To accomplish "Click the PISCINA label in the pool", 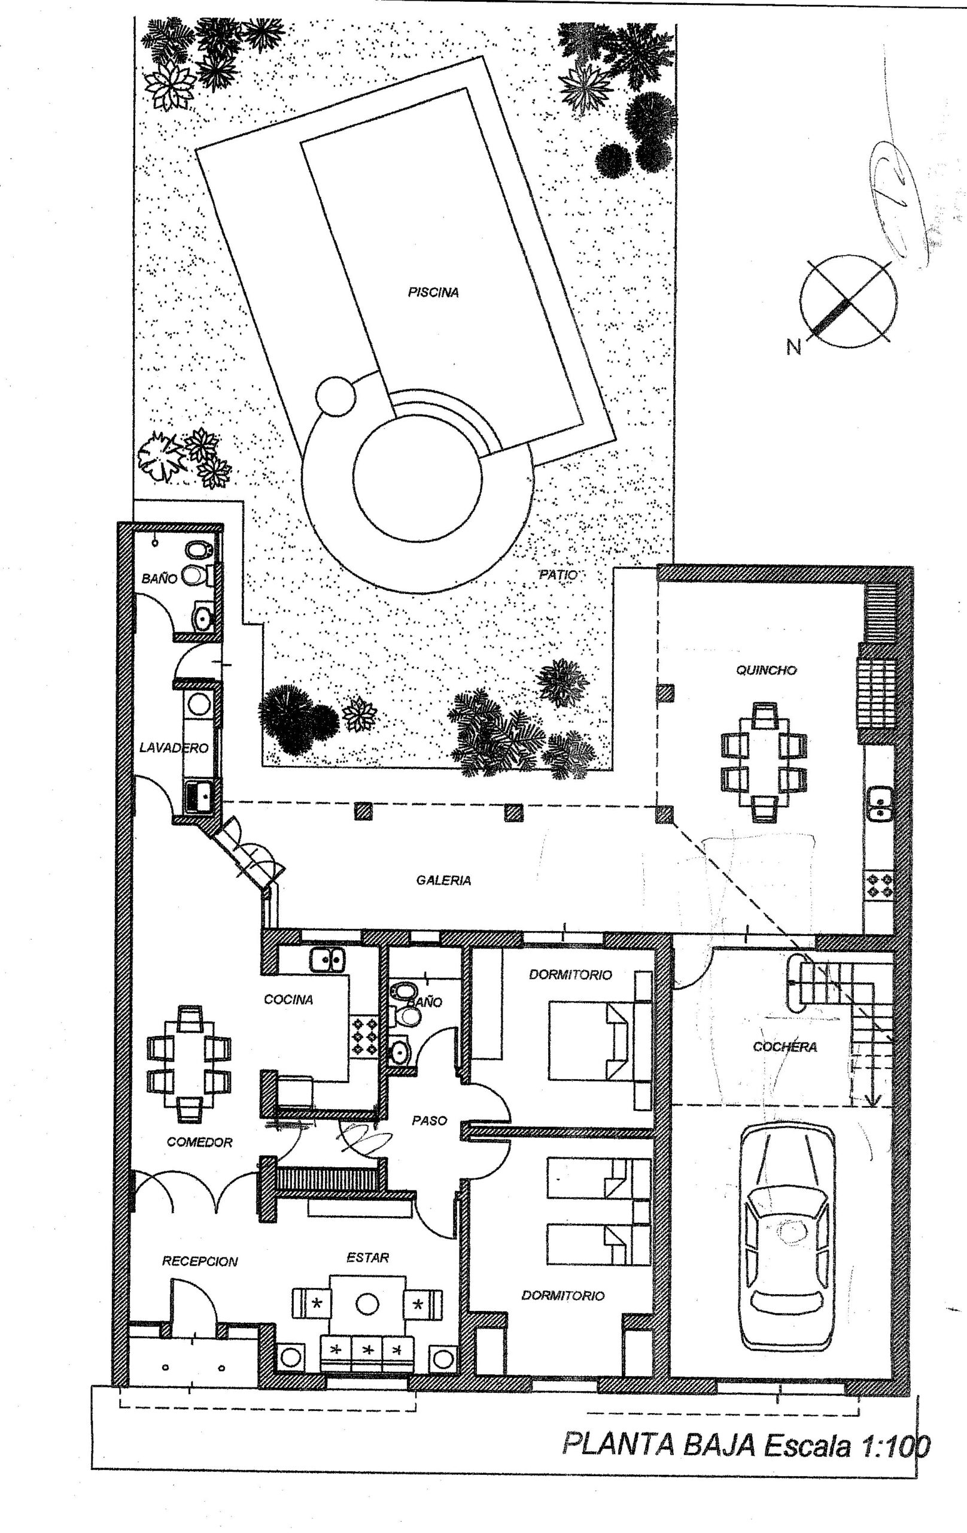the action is point(433,293).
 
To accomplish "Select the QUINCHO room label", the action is point(766,670).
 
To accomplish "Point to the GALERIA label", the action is point(443,880).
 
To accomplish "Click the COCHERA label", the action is point(784,1047).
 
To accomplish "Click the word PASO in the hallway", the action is point(430,1120).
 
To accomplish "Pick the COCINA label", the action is point(288,999).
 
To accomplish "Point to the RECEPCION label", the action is point(200,1261).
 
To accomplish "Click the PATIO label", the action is point(558,575).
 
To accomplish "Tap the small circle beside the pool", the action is point(335,396).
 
